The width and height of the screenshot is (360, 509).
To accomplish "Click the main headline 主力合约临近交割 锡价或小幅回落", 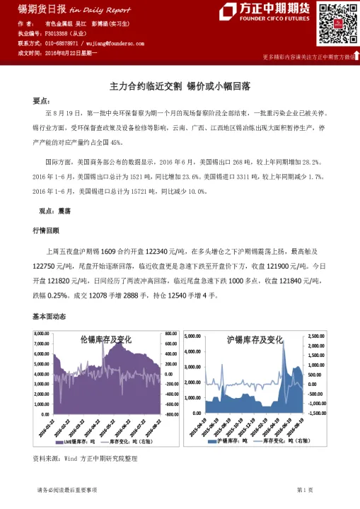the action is [x=180, y=86].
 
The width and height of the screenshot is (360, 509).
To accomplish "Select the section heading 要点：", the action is [x=42, y=100].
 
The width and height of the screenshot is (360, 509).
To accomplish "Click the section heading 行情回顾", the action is [x=47, y=231].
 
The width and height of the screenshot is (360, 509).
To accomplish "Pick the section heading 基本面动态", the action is [x=50, y=316].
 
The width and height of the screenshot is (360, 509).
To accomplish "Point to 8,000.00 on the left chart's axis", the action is [x=42, y=333].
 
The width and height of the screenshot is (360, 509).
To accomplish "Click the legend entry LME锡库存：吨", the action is [x=76, y=440].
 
